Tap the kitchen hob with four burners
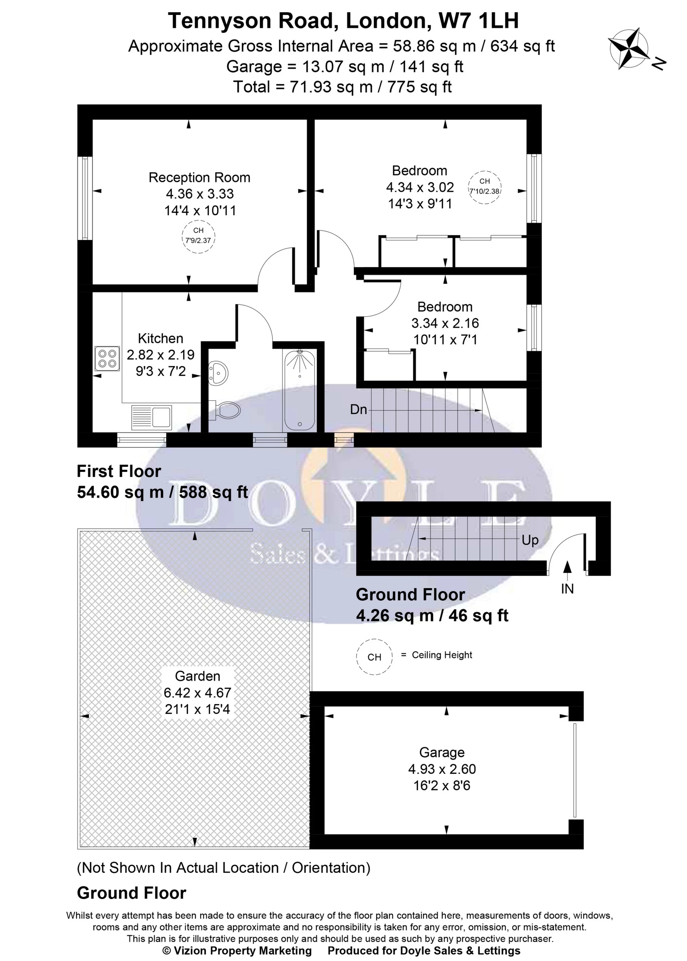click(107, 358)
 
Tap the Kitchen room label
click(161, 339)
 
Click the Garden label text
click(197, 676)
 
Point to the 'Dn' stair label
click(358, 409)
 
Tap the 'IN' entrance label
click(567, 589)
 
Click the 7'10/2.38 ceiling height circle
click(485, 187)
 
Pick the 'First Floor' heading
click(119, 471)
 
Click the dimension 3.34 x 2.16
click(445, 323)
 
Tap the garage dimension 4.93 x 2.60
click(442, 769)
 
